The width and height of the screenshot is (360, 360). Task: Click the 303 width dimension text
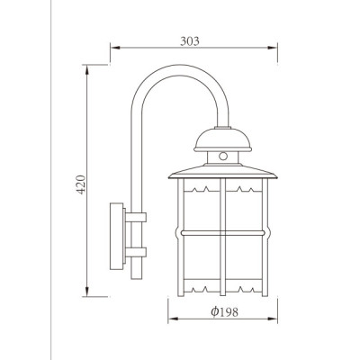(189, 41)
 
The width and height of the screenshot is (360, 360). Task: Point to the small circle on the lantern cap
(222, 156)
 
